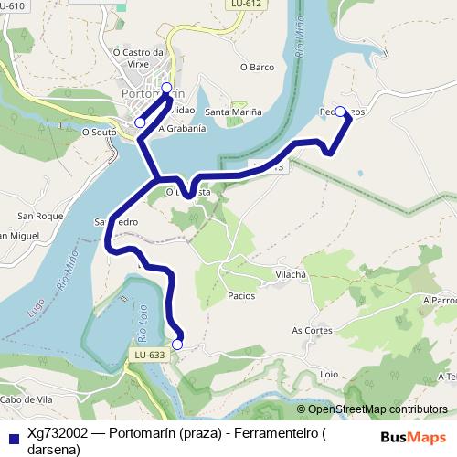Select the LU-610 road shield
pyautogui.click(x=11, y=5)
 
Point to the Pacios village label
pyautogui.click(x=241, y=296)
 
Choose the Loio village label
pyautogui.click(x=329, y=374)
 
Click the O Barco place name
pyautogui.click(x=257, y=67)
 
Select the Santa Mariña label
pyautogui.click(x=233, y=112)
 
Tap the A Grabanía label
pyautogui.click(x=182, y=129)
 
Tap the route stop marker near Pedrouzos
pyautogui.click(x=340, y=112)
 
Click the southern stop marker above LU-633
pyautogui.click(x=177, y=345)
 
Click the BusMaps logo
pyautogui.click(x=414, y=436)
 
